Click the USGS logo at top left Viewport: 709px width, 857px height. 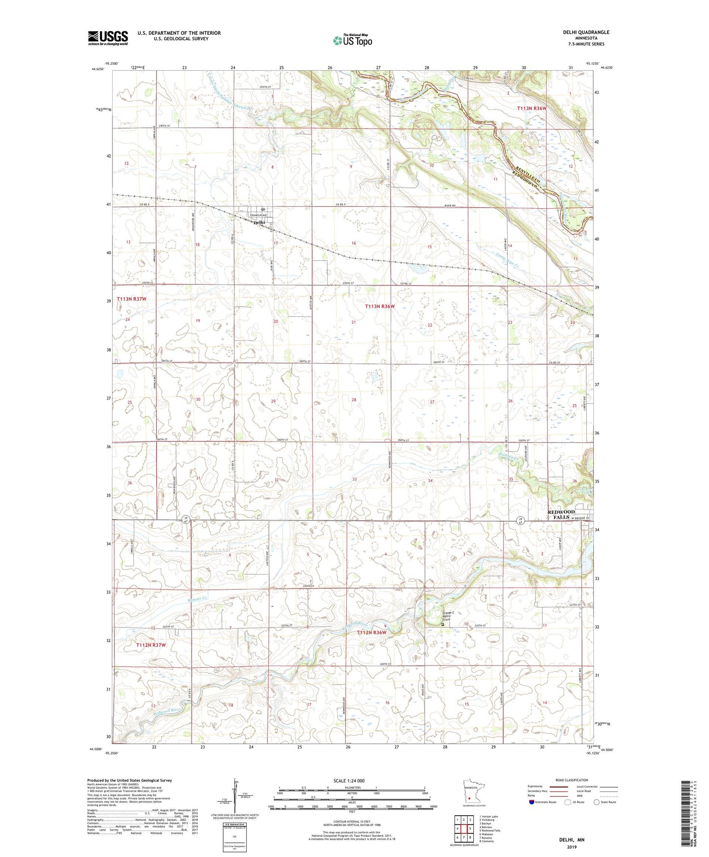[108, 37]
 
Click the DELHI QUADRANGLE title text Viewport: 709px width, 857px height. [586, 32]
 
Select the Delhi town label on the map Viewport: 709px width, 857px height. [259, 222]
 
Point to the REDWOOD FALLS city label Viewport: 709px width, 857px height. [561, 514]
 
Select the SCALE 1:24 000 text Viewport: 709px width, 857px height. [349, 780]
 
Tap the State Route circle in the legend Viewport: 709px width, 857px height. [597, 802]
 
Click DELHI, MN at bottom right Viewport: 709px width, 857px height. [572, 840]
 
